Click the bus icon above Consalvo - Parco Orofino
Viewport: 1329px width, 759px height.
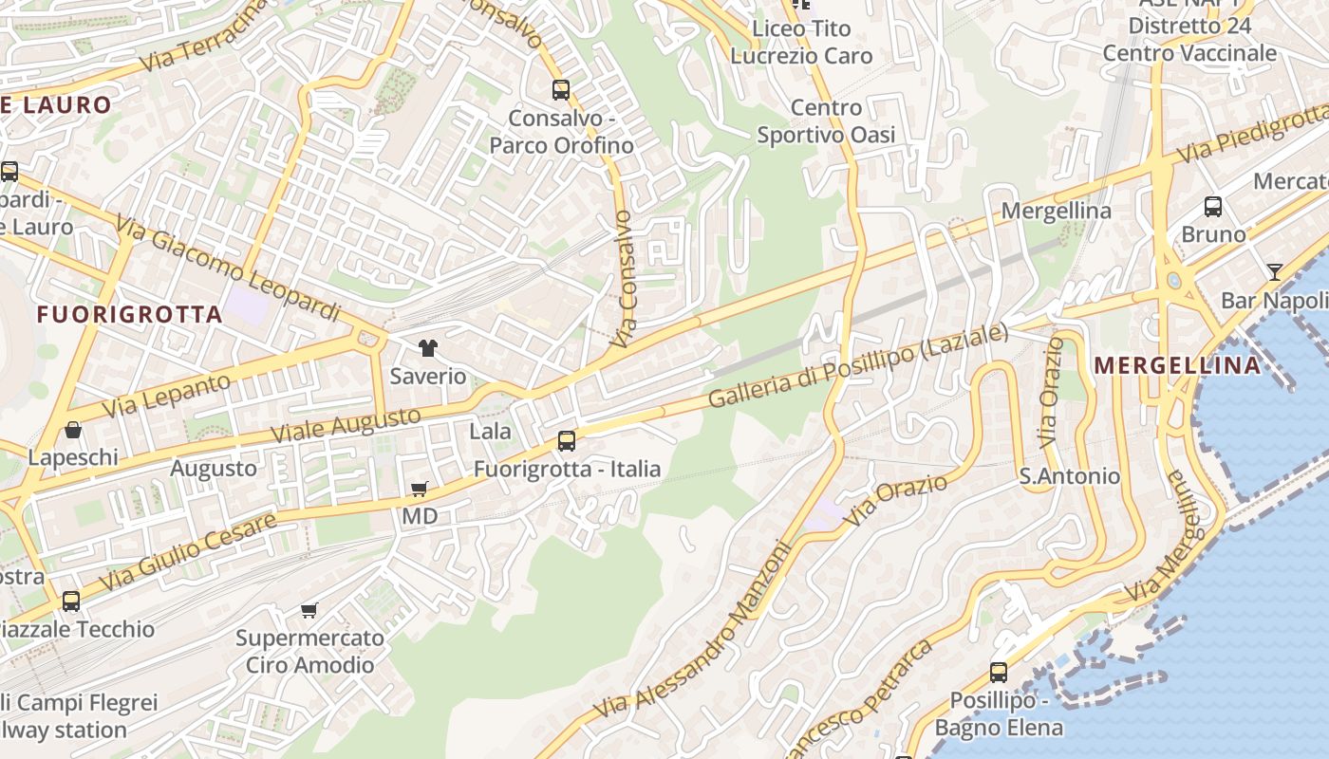[x=561, y=90]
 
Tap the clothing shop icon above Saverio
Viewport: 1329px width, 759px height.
[x=428, y=348]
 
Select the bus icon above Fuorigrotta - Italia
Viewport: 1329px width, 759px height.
[x=567, y=440]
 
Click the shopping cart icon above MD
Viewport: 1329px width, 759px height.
[x=419, y=490]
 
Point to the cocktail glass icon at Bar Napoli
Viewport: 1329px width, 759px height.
[x=1274, y=272]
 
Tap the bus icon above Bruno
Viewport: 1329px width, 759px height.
[x=1212, y=206]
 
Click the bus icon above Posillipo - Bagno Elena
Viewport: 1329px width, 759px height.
[x=999, y=673]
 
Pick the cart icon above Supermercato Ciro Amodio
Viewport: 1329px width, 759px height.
[x=309, y=610]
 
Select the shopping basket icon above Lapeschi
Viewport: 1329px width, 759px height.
[x=72, y=430]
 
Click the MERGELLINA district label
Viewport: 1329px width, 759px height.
[x=1178, y=365]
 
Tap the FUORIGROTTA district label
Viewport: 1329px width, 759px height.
[x=130, y=314]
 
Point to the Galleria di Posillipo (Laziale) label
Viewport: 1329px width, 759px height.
[x=858, y=366]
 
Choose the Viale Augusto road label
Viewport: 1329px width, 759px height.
[x=346, y=423]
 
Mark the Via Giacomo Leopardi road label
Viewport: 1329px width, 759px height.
[x=228, y=268]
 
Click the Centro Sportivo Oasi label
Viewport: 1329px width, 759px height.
[x=826, y=121]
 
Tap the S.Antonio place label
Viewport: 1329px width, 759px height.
[x=1070, y=476]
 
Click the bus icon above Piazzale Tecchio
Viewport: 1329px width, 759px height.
[x=71, y=601]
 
